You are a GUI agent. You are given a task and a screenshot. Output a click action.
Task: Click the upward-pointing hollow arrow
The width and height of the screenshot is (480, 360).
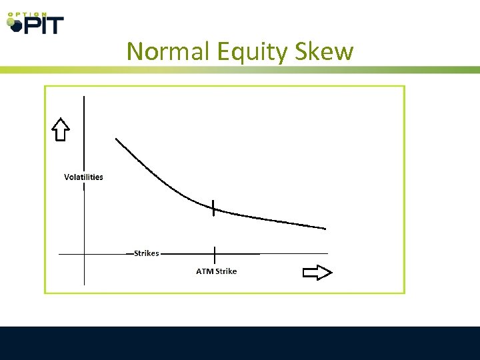click(x=61, y=129)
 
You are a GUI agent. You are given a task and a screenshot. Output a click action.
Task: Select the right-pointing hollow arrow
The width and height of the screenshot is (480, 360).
click(x=317, y=272)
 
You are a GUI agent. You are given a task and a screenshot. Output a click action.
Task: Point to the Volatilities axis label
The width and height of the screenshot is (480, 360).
click(x=83, y=177)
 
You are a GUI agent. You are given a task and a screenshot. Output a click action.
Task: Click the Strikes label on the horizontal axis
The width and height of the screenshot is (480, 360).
click(x=146, y=253)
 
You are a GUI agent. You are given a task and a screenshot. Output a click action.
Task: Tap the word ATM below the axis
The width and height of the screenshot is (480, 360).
click(x=203, y=271)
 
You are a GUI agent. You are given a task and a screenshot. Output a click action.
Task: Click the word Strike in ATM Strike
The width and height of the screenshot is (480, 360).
click(x=225, y=271)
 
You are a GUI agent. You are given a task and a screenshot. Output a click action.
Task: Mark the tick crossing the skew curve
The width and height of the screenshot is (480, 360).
click(x=214, y=209)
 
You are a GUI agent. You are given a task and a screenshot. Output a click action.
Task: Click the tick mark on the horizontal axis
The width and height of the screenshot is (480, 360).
click(x=215, y=254)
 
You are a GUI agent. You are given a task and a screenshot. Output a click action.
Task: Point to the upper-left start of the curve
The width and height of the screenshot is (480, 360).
click(x=117, y=139)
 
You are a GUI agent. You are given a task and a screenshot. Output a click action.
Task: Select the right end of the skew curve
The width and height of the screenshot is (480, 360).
click(x=325, y=229)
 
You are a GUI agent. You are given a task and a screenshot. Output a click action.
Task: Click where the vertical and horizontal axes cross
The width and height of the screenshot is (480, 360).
click(x=84, y=254)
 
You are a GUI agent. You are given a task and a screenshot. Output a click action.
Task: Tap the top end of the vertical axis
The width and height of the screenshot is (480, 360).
click(x=84, y=97)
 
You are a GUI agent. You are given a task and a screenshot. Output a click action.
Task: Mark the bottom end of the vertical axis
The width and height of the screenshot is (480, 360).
click(x=84, y=285)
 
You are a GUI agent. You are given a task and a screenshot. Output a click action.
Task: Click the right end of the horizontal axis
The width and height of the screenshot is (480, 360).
click(x=327, y=253)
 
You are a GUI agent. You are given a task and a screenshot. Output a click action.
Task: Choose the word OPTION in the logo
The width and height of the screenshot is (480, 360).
click(x=27, y=13)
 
